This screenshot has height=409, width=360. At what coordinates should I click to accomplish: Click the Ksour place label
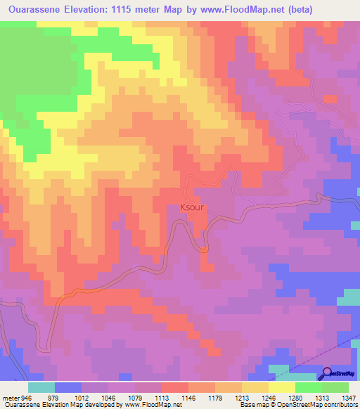pyautogui.click(x=193, y=207)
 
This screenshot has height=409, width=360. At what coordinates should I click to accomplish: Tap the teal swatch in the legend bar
pyautogui.click(x=41, y=387)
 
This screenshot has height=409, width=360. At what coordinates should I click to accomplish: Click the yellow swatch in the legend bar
pyautogui.click(x=281, y=387)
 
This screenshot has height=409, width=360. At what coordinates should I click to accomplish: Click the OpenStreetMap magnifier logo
pyautogui.click(x=327, y=373)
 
